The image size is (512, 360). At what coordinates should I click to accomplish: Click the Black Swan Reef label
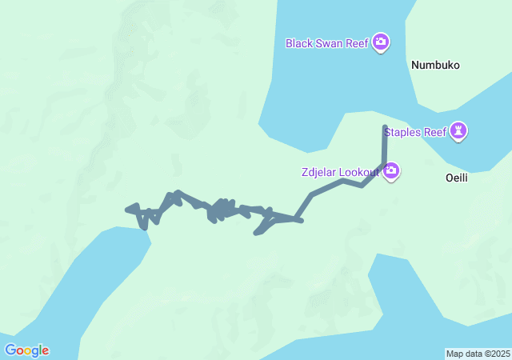coord(326,42)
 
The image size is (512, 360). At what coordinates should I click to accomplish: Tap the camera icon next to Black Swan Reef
coord(381,42)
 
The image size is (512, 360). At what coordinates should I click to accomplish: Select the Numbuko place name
coord(435,66)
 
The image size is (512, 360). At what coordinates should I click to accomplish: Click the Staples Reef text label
coord(415,131)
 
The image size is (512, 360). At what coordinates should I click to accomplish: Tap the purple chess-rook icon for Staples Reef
coord(458,130)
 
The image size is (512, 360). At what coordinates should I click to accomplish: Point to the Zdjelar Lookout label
coord(340,172)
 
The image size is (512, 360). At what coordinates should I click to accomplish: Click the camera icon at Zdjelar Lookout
coord(391,170)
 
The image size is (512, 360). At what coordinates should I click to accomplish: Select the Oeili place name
coord(456,178)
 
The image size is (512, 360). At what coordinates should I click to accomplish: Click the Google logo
coord(26,350)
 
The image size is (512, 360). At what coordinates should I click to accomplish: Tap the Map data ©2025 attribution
coord(478,354)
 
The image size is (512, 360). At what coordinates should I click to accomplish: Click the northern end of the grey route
coord(386,127)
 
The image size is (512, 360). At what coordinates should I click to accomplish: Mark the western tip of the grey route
coord(128,210)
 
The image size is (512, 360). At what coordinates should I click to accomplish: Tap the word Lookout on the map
coord(359,172)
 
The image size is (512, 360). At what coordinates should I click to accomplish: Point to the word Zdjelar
coord(318,172)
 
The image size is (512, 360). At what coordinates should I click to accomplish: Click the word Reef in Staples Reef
coord(436,131)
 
